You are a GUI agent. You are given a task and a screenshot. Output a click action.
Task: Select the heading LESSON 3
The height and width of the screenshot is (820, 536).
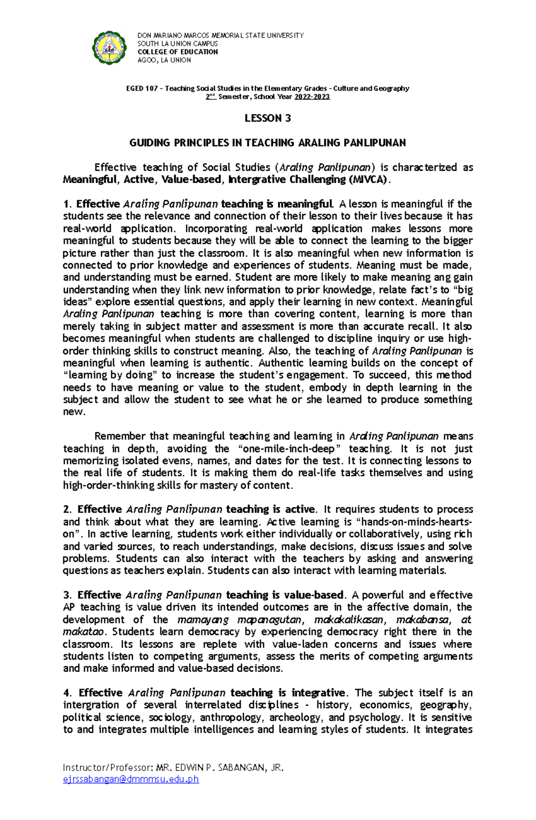[x=268, y=118]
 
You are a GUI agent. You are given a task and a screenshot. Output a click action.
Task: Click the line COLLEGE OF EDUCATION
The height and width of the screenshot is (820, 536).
[x=177, y=52]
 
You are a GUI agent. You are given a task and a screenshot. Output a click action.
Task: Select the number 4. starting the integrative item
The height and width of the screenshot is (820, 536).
[x=67, y=693]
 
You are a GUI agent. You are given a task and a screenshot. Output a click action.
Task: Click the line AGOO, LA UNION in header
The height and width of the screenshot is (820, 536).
[x=164, y=60]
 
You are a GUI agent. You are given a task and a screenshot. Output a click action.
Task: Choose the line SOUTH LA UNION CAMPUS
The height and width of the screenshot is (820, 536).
[x=177, y=44]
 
